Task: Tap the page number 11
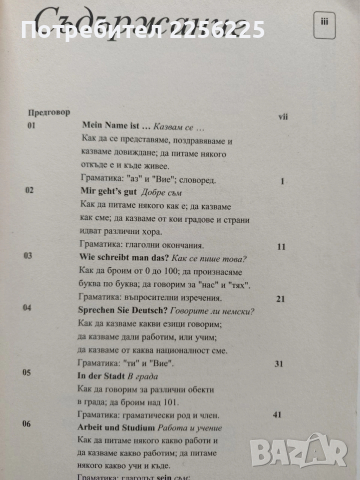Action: pyautogui.click(x=282, y=245)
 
